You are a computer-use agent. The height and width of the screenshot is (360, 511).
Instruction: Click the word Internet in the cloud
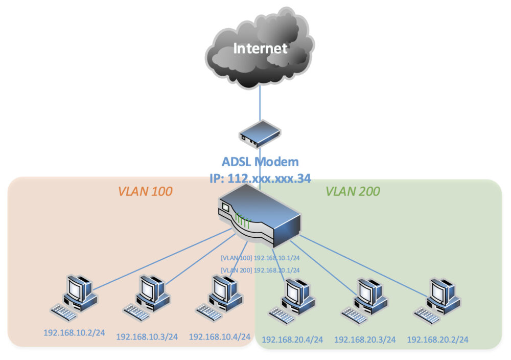[260, 49]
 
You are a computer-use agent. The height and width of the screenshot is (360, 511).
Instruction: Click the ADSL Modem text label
[260, 162]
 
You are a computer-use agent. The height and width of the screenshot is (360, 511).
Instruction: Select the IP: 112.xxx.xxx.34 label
[260, 178]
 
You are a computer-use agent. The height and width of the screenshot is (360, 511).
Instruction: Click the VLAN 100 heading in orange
[145, 192]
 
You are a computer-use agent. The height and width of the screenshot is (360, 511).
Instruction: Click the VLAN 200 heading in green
[353, 192]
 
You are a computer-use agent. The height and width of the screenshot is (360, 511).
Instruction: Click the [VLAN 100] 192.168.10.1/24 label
[260, 259]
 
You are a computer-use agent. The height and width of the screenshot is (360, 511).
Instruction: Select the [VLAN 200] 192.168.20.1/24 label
[260, 270]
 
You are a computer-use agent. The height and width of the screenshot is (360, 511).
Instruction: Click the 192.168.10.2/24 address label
[74, 332]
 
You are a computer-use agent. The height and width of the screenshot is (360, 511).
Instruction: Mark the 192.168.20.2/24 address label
[437, 339]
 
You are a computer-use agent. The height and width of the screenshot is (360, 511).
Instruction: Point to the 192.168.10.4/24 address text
[220, 336]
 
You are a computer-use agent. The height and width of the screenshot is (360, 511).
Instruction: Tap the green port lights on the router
[243, 221]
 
